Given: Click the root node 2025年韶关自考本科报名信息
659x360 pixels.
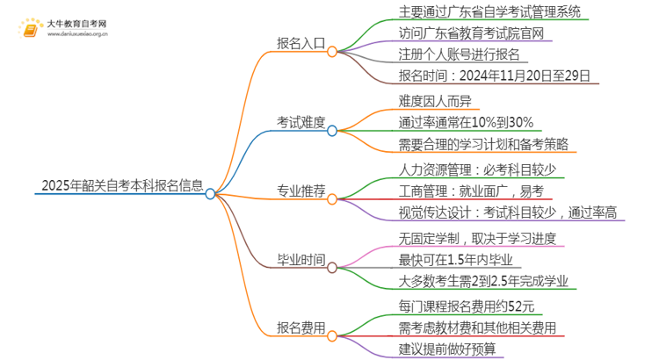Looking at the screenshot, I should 122,186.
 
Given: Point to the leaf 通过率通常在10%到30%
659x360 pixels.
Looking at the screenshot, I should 466,122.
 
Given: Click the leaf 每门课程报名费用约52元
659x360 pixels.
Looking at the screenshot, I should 466,306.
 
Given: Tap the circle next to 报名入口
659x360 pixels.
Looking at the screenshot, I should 332,51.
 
